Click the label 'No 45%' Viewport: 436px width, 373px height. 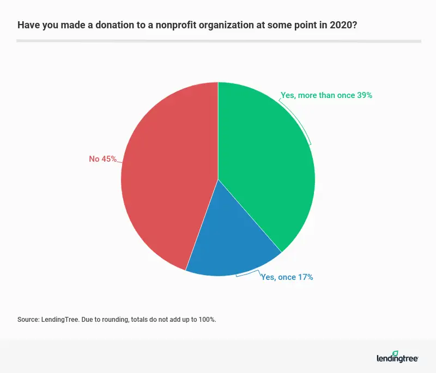click(x=103, y=159)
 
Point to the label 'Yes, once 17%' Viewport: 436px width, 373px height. click(x=287, y=277)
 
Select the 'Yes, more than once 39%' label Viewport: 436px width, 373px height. click(x=326, y=95)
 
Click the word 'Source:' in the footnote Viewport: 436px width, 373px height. click(x=28, y=320)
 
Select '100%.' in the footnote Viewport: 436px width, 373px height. click(x=207, y=320)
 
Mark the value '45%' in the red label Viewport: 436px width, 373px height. click(x=109, y=159)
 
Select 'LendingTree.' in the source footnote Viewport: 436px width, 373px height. click(x=60, y=320)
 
